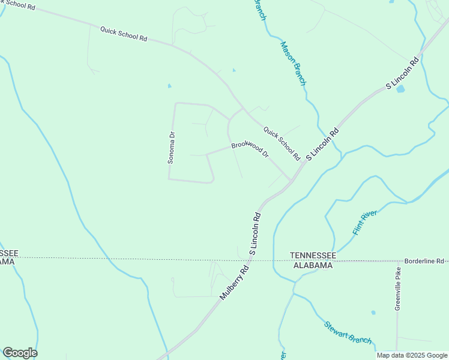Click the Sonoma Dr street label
click(x=171, y=148)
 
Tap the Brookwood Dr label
click(x=250, y=150)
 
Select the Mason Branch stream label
click(x=293, y=62)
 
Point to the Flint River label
click(x=364, y=222)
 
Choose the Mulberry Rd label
click(x=234, y=283)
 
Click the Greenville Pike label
click(x=397, y=288)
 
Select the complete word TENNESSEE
click(x=312, y=256)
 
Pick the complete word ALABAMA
click(x=312, y=265)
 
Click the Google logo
click(x=20, y=353)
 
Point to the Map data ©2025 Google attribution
click(x=412, y=355)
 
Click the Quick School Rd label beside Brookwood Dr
click(x=282, y=143)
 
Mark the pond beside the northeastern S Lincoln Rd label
click(x=400, y=89)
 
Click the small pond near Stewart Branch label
click(x=373, y=313)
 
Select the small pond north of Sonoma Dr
click(x=169, y=86)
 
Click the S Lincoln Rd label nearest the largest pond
click(x=402, y=74)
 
